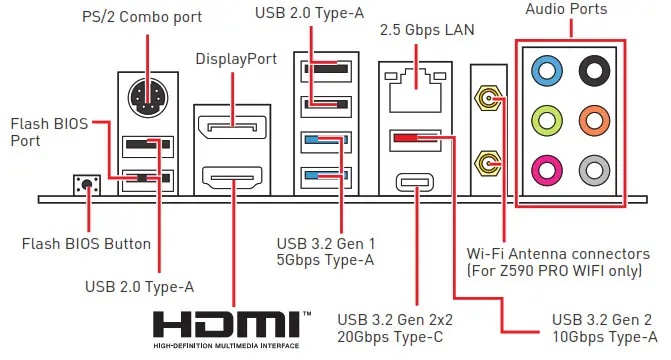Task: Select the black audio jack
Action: (597, 69)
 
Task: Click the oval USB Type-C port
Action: (412, 182)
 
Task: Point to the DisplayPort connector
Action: (231, 127)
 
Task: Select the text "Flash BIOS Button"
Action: (86, 243)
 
